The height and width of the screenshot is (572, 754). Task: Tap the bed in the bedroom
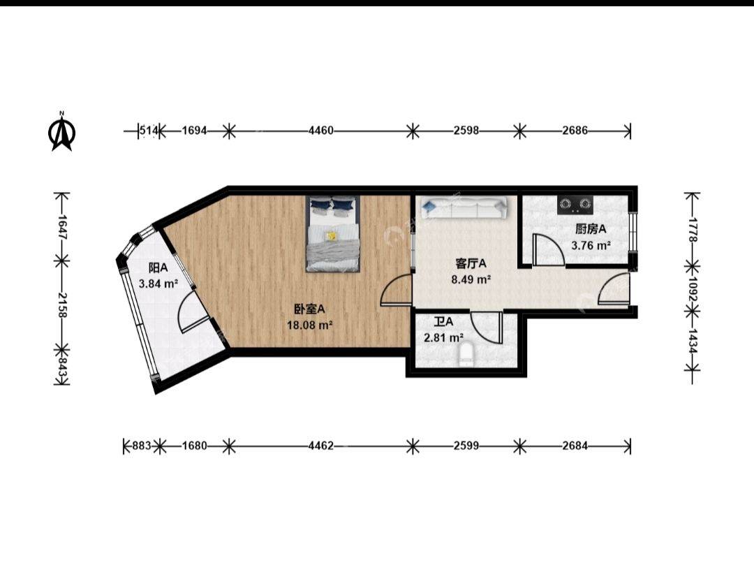tap(333, 234)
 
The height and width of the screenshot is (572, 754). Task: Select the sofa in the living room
tap(463, 207)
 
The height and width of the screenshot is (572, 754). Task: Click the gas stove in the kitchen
tap(575, 205)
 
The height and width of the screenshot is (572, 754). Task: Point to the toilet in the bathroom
tap(466, 354)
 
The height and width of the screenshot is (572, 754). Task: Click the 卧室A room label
tap(309, 309)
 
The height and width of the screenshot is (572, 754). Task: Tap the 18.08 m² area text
tap(310, 325)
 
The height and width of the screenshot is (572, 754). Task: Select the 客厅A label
tap(471, 263)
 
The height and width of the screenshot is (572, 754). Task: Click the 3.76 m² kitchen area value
tap(591, 245)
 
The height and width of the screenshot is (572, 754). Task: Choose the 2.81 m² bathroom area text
tap(443, 338)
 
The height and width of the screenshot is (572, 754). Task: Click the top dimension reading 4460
tap(320, 131)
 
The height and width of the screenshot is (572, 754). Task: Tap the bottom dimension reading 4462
tap(320, 446)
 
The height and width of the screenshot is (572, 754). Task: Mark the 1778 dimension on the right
tap(693, 230)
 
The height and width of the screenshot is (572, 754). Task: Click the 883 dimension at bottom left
tap(141, 446)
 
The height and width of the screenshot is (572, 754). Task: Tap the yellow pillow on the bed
tap(331, 236)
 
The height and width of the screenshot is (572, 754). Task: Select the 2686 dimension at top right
tap(575, 131)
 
